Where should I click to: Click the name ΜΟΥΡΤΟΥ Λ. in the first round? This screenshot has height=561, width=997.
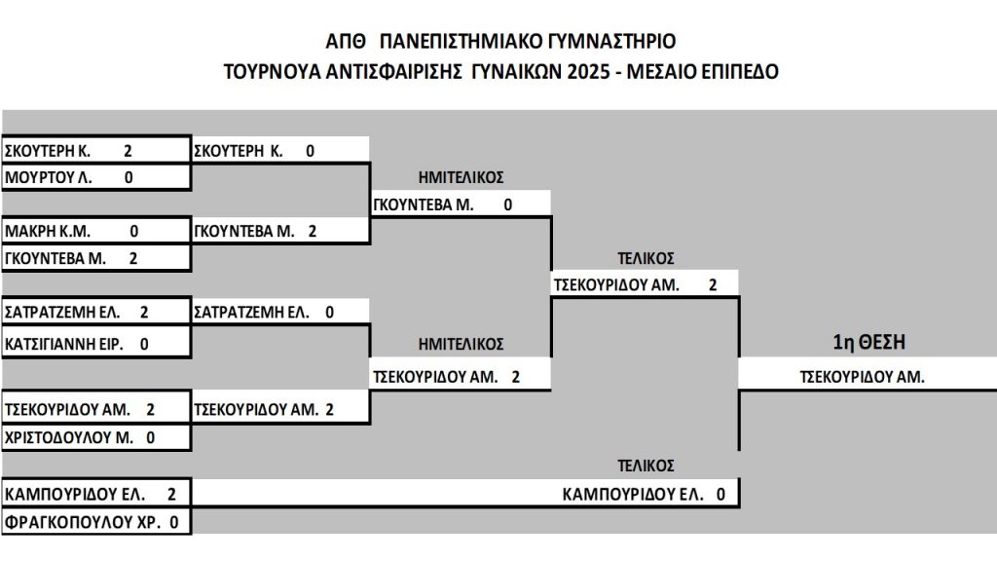(49, 177)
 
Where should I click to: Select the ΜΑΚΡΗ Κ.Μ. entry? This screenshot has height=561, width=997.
(48, 231)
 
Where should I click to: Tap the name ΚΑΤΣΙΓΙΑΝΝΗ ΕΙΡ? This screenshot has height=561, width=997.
(63, 344)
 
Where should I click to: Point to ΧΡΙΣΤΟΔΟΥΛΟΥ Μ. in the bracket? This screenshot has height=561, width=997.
(69, 437)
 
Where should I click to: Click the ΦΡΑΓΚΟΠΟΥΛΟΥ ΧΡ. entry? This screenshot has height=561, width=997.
(82, 522)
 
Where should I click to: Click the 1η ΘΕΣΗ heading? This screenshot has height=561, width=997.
(869, 342)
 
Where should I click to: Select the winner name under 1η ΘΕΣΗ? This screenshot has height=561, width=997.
(862, 377)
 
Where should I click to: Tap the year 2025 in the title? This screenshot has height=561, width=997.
(588, 71)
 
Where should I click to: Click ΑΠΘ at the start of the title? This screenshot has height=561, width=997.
(346, 41)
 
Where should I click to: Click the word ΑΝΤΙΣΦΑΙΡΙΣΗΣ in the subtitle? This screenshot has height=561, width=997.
(393, 71)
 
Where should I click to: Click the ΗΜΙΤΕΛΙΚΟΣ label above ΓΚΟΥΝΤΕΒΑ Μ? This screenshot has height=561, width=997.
(461, 177)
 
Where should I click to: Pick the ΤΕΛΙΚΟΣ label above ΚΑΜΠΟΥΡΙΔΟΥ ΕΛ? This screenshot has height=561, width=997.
(646, 466)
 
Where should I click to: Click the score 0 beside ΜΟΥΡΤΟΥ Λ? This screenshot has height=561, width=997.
(129, 177)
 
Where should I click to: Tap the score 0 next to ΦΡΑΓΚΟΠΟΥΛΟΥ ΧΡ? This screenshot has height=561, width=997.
(174, 522)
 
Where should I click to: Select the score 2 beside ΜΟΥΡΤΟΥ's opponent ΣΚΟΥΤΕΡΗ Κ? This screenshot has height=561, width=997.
(128, 151)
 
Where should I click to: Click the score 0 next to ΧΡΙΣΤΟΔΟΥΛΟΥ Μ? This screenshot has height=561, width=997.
(151, 437)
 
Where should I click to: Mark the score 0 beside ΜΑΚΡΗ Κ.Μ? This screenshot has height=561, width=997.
(134, 231)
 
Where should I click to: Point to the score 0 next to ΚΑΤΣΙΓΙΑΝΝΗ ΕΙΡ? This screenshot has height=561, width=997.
(144, 344)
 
